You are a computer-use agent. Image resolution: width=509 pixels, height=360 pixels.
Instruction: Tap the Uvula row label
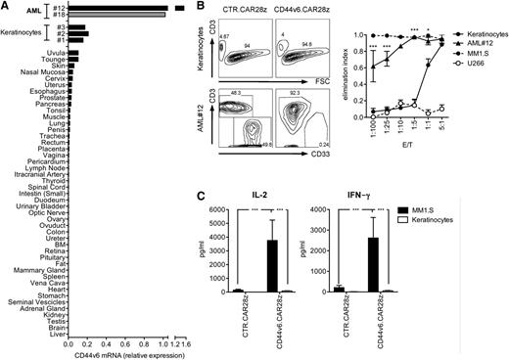[x=54, y=51]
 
